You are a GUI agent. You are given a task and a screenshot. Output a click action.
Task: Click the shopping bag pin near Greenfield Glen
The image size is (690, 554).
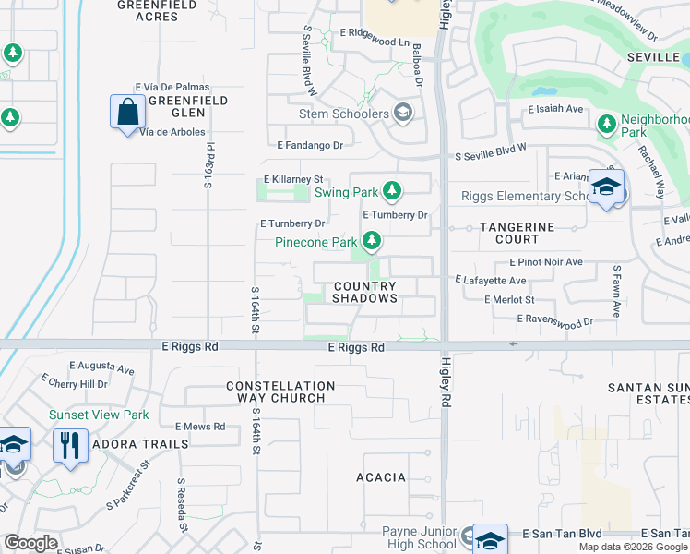pos(128,113)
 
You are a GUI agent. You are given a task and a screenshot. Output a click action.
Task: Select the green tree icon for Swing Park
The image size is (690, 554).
pos(392,191)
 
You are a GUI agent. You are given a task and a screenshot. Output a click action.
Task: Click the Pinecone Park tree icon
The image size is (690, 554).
pos(371,242)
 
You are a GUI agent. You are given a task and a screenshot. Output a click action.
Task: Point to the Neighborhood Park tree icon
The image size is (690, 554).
pos(606,124)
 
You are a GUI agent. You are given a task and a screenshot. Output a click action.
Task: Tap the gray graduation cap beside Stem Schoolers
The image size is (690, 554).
pos(402,114)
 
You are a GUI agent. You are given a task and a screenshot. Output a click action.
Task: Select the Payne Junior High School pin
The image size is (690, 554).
pos(490,539)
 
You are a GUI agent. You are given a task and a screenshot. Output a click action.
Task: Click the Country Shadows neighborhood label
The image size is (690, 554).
pos(364,293)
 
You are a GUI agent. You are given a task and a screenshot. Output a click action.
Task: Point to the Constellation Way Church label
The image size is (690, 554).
pos(280,391)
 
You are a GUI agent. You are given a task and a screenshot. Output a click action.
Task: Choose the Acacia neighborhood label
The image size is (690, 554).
pos(381,477)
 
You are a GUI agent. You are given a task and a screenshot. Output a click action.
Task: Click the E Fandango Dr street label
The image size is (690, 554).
pos(310,146)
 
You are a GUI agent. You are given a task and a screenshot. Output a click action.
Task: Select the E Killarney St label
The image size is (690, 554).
pos(294,179)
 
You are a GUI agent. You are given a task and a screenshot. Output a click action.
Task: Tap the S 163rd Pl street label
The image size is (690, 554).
pos(209,165)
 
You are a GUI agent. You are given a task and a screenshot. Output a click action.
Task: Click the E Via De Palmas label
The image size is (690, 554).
pos(172,87)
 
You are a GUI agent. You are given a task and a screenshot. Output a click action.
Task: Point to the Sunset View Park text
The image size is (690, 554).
pos(99,415)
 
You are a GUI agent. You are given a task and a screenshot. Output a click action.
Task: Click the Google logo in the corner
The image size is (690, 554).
pos(30,543)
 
